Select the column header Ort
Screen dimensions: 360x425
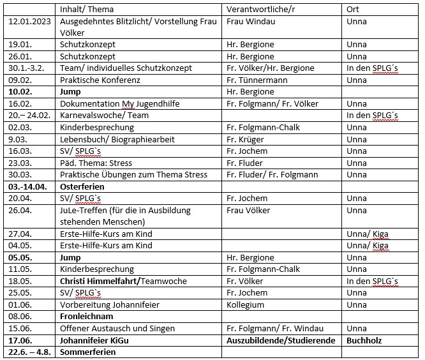point(353,10)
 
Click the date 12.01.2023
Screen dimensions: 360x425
point(30,21)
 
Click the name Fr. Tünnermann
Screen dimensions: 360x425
point(257,80)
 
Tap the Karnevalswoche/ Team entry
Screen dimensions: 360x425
point(100,116)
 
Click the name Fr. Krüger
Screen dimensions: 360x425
point(246,139)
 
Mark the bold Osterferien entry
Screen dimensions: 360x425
point(82,186)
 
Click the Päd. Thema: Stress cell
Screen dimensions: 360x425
point(96,163)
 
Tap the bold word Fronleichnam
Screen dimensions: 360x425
point(86,317)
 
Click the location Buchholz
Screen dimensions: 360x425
point(364,340)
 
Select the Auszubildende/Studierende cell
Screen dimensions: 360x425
point(281,340)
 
